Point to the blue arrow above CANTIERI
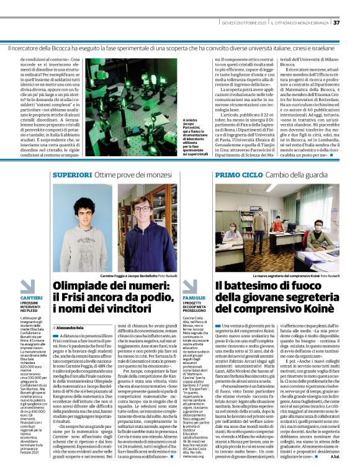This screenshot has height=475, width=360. pyautogui.click(x=27, y=286)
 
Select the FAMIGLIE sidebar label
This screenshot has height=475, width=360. pyautogui.click(x=194, y=298)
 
